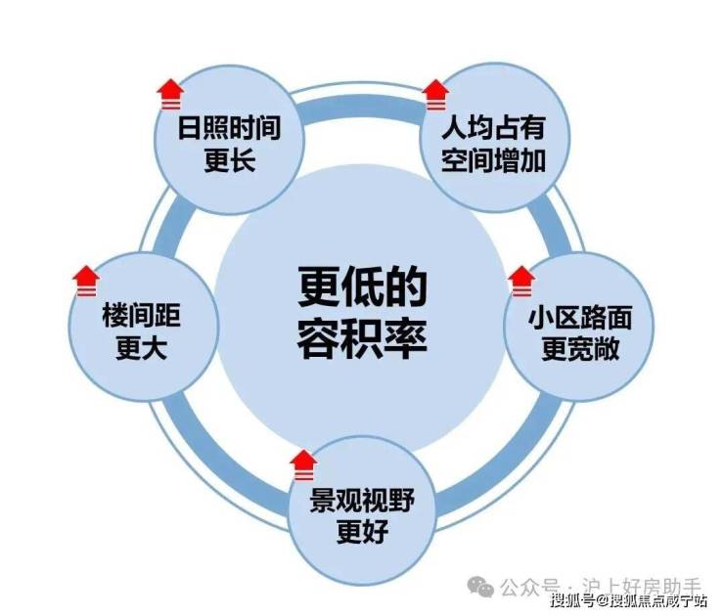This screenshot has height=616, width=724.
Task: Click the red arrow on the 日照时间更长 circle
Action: [x=170, y=95]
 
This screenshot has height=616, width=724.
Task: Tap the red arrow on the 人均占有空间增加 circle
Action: [x=436, y=95]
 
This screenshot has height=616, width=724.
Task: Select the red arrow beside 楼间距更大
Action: [x=86, y=281]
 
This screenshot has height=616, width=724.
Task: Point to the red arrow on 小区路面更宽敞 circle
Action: [x=521, y=282]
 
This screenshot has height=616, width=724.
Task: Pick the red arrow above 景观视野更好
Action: [x=304, y=465]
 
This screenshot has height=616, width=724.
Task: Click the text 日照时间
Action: [x=230, y=127]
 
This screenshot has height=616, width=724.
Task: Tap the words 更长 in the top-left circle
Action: [x=230, y=160]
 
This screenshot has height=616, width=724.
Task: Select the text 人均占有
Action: [x=494, y=127]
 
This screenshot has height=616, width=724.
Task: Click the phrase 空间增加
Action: [x=494, y=160]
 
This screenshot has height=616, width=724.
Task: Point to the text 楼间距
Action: [x=141, y=316]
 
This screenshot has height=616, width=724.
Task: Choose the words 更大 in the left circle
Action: [x=141, y=348]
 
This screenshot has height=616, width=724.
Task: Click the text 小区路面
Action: [x=580, y=318]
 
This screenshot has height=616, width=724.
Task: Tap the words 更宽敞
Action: [x=580, y=349]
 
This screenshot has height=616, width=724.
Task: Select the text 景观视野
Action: [x=362, y=500]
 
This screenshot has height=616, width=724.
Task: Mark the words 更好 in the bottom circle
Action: [x=362, y=532]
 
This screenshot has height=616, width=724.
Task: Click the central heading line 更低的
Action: [x=362, y=287]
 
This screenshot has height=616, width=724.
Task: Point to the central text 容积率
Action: [x=362, y=337]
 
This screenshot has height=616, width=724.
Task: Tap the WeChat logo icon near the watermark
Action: [x=480, y=586]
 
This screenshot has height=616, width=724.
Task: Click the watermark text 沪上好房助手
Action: [x=642, y=587]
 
